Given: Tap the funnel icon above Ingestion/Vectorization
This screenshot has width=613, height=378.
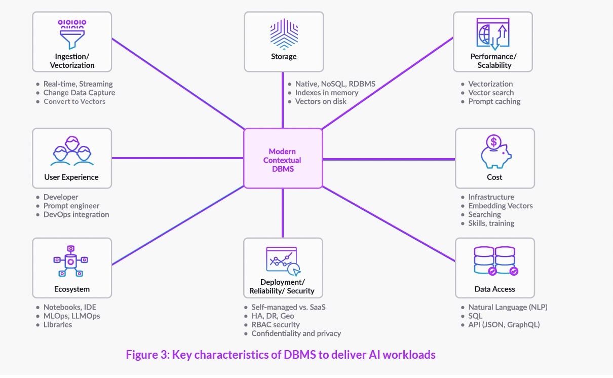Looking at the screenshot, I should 71,33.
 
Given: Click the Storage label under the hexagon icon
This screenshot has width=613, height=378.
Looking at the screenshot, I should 284,57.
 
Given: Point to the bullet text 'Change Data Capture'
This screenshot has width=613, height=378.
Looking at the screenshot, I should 79,93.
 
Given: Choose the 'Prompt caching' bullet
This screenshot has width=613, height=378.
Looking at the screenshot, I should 494,101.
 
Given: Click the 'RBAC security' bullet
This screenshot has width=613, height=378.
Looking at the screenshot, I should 276,324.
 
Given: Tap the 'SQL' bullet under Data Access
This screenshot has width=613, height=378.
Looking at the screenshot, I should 476,316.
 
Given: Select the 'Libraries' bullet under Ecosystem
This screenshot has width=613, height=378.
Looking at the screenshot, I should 58,324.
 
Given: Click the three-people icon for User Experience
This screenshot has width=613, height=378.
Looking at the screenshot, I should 72,151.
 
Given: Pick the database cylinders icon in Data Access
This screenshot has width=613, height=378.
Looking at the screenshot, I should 494,262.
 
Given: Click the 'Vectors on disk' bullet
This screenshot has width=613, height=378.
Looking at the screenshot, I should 321,101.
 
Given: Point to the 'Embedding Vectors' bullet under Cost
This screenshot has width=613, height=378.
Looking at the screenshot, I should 501,206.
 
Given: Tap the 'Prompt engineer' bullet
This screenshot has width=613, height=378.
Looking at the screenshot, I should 71,206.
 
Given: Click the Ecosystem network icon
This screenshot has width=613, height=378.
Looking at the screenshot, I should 71,261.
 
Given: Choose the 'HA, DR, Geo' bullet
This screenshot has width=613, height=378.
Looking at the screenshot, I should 273,316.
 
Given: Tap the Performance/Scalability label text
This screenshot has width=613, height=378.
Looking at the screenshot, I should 493,61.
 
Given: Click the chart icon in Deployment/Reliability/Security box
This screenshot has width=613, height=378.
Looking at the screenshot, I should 282,261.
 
